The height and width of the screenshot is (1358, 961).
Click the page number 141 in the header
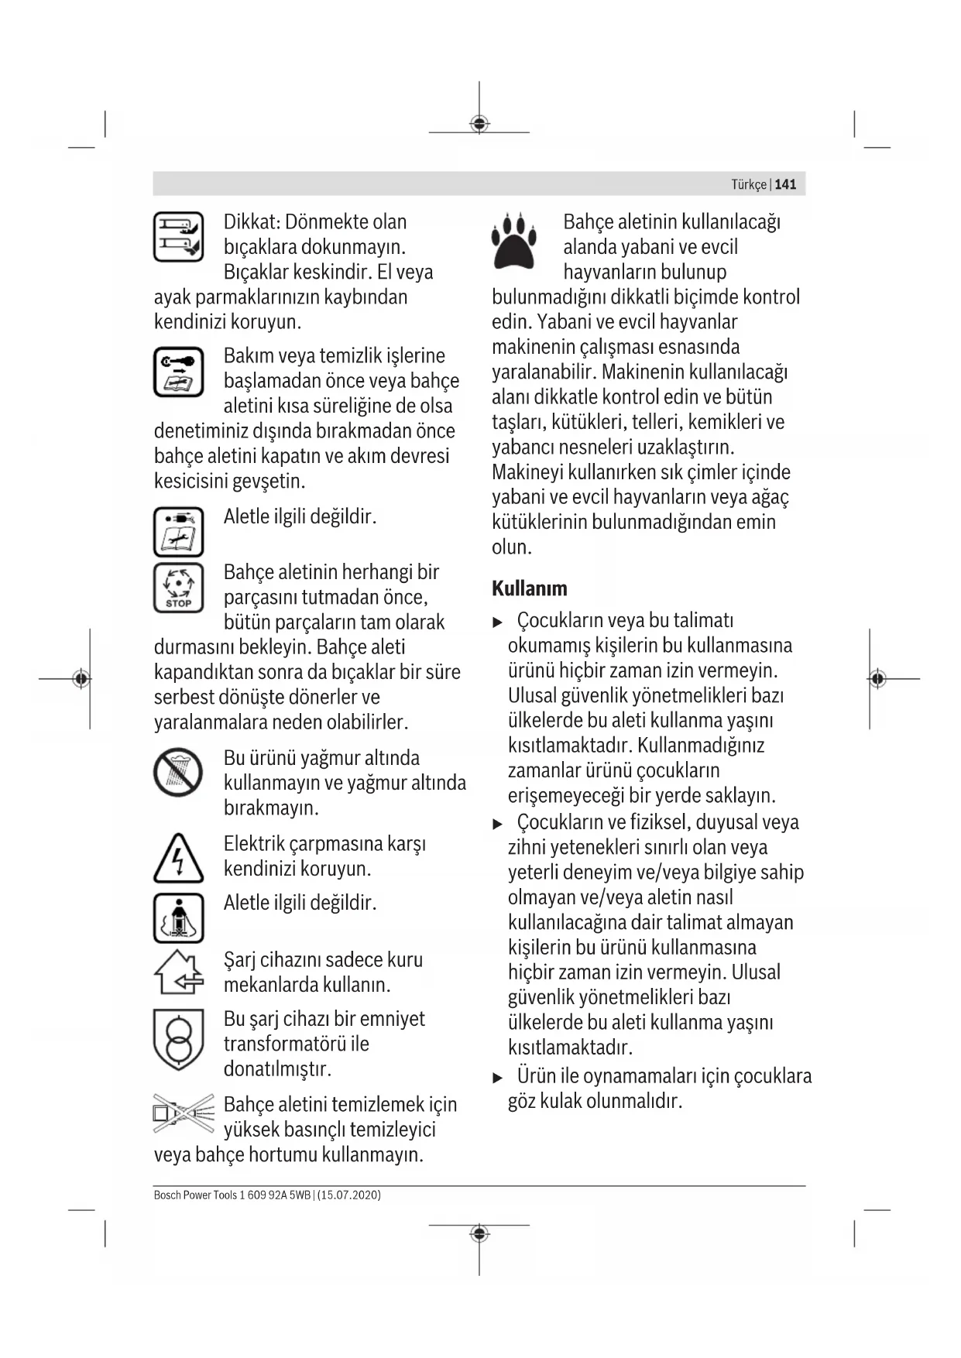(785, 184)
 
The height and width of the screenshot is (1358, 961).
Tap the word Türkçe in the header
(748, 184)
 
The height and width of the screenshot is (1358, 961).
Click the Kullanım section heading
(529, 588)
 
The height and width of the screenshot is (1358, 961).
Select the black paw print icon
(513, 240)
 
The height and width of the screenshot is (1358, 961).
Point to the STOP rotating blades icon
(178, 588)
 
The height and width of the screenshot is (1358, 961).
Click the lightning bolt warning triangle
(178, 859)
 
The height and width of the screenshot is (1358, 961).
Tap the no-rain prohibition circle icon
(178, 773)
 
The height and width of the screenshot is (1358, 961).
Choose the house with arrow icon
(178, 972)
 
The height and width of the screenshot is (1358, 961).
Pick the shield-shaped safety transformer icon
(178, 1039)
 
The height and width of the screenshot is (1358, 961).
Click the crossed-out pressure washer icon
(184, 1114)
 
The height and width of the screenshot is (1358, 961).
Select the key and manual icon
(178, 372)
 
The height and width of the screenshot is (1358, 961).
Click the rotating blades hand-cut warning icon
(178, 236)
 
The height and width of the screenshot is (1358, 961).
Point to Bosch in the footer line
(167, 1195)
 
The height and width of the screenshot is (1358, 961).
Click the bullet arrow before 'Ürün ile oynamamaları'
(498, 1077)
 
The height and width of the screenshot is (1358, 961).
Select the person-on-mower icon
(178, 917)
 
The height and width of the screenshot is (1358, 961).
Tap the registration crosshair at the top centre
(479, 124)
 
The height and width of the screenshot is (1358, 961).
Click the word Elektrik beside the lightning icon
(253, 843)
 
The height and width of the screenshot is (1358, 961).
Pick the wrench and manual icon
(178, 532)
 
